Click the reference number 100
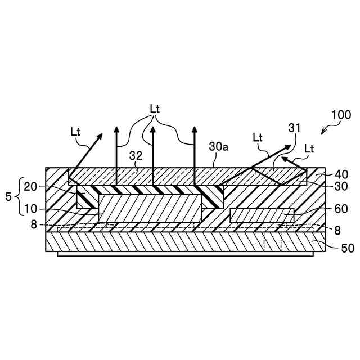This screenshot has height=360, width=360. click(x=341, y=115)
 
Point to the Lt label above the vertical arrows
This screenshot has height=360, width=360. click(x=157, y=107)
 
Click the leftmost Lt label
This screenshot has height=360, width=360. click(x=76, y=132)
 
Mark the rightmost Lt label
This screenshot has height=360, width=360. click(x=308, y=148)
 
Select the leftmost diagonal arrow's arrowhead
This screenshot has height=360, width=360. click(x=102, y=135)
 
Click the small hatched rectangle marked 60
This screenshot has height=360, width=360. click(x=262, y=215)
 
